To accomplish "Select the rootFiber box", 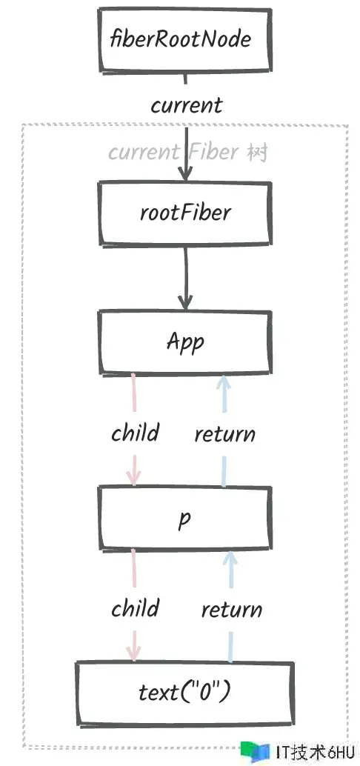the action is click(x=184, y=213).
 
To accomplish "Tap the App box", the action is click(x=184, y=342).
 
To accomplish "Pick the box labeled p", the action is click(x=184, y=519).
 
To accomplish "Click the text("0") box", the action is click(x=184, y=693).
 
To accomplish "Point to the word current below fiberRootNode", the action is click(x=186, y=105).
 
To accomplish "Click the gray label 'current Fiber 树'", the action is click(x=188, y=153).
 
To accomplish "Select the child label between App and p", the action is click(x=135, y=433).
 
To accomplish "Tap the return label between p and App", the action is click(x=224, y=434).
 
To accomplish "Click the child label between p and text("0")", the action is click(x=135, y=609).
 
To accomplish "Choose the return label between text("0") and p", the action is click(x=232, y=610).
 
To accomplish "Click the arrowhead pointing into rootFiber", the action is click(x=184, y=174).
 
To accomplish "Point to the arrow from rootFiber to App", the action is click(x=185, y=278).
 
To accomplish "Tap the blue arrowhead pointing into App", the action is click(x=223, y=383).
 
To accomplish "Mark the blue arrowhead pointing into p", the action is click(x=230, y=559).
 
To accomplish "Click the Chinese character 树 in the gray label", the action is click(x=258, y=153).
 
